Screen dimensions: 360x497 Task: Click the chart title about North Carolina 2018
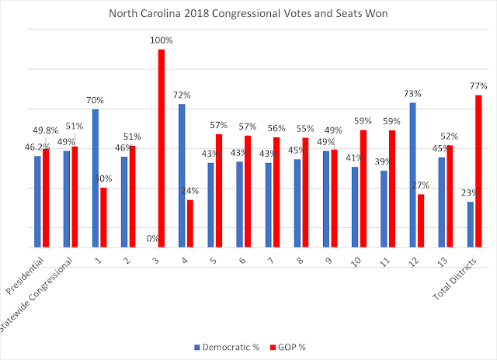pos(248,14)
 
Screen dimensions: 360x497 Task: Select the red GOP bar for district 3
pos(162,147)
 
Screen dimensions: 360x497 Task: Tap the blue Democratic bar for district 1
pos(96,178)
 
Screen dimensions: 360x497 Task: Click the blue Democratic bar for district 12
pos(412,175)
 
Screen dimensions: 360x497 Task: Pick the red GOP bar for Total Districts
pos(478,171)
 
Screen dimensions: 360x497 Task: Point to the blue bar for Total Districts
pos(470,224)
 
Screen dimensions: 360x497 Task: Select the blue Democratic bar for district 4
pos(182,175)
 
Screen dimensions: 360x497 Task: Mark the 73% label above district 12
pos(413,93)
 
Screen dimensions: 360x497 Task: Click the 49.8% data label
pos(49,130)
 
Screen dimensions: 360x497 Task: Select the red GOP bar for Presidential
pos(46,198)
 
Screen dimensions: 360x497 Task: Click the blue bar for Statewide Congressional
pos(67,199)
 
